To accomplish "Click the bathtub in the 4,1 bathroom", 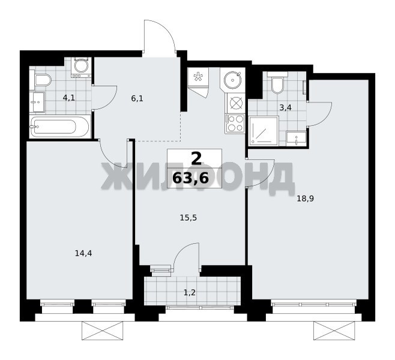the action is [x=59, y=127].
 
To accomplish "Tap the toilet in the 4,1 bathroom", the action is [x=41, y=80].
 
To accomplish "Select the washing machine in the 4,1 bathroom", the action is [x=80, y=67].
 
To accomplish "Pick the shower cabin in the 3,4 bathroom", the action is [x=264, y=131].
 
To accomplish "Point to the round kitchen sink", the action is [x=232, y=80].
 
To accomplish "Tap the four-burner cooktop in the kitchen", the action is [x=235, y=123].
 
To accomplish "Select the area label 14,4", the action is [x=83, y=253].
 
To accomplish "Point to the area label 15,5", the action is [x=188, y=218].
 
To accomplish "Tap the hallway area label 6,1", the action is [x=137, y=98].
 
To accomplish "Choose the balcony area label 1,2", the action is [x=190, y=292].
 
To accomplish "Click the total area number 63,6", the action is [x=191, y=178].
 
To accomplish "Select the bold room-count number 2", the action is [x=196, y=158].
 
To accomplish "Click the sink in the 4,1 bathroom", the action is [x=37, y=102].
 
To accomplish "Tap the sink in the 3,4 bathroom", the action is [x=297, y=139].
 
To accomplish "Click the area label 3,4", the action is [x=285, y=108].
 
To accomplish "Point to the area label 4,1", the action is [x=69, y=97].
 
